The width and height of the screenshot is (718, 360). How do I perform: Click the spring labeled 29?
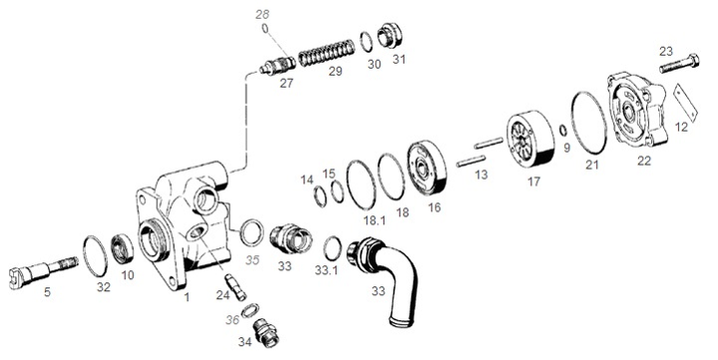pyautogui.click(x=326, y=53)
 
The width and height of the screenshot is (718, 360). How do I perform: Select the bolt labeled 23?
pyautogui.click(x=679, y=64)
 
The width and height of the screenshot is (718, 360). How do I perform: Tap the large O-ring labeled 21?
pyautogui.click(x=589, y=123)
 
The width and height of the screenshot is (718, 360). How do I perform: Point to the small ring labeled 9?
pyautogui.click(x=563, y=131)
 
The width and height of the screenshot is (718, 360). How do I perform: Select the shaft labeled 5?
pyautogui.click(x=43, y=272)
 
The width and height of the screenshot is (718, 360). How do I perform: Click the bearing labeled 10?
pyautogui.click(x=123, y=248)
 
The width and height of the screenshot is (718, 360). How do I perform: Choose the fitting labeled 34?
pyautogui.click(x=265, y=332)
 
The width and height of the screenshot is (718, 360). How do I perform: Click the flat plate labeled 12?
pyautogui.click(x=685, y=104)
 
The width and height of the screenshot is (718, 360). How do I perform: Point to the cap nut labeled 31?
pyautogui.click(x=390, y=35)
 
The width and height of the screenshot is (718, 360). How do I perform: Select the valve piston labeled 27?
pyautogui.click(x=277, y=67)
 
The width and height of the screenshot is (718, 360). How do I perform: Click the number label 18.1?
pyautogui.click(x=374, y=220)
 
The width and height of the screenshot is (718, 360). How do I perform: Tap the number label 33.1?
pyautogui.click(x=326, y=270)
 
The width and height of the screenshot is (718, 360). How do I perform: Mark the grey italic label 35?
pyautogui.click(x=252, y=260)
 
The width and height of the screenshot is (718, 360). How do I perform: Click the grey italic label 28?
pyautogui.click(x=262, y=15)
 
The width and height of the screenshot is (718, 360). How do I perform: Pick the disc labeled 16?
pyautogui.click(x=427, y=169)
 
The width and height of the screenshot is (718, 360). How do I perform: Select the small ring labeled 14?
pyautogui.click(x=320, y=196)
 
